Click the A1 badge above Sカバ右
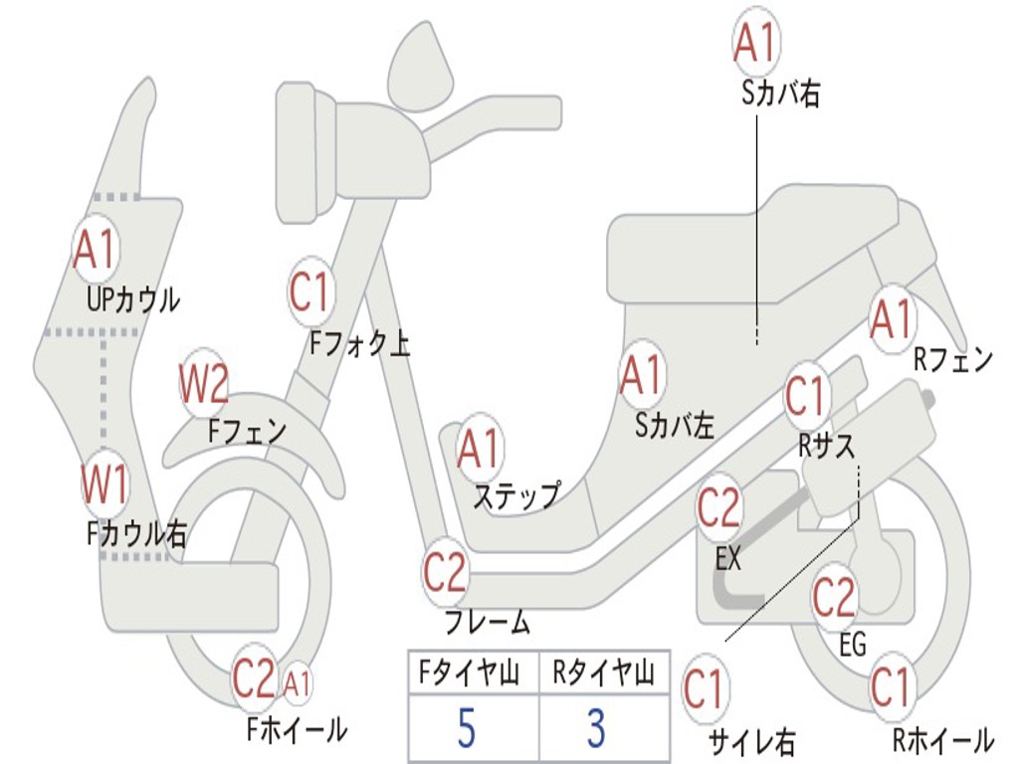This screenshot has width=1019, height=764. click(753, 42)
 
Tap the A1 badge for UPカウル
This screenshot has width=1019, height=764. click(95, 251)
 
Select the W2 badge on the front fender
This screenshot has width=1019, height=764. click(204, 384)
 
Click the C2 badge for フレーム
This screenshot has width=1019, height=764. click(445, 572)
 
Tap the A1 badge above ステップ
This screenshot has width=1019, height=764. click(480, 450)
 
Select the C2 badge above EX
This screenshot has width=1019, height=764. click(718, 508)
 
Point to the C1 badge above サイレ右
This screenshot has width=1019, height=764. click(705, 689)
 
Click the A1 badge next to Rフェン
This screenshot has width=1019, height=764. click(891, 319)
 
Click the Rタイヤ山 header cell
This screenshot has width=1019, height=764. click(603, 673)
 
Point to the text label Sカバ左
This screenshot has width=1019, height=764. click(675, 426)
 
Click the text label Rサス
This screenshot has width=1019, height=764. click(826, 447)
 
